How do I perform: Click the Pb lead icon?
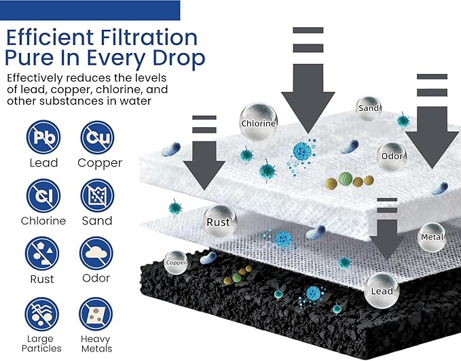click(43, 137)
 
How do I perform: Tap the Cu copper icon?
click(97, 137)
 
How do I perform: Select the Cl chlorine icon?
click(43, 195)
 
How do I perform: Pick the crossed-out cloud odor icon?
click(96, 254)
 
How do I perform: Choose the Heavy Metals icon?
click(96, 314)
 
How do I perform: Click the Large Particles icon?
click(41, 314)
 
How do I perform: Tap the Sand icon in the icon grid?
click(97, 195)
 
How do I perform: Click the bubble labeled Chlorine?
click(259, 122)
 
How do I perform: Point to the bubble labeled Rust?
click(219, 222)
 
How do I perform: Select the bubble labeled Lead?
click(382, 290)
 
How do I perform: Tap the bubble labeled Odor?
click(392, 156)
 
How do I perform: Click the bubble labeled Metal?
click(432, 237)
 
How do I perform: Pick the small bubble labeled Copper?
click(176, 262)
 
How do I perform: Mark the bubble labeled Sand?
click(369, 108)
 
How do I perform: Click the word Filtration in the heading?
click(149, 37)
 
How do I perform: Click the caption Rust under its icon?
click(42, 279)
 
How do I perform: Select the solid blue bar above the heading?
click(90, 10)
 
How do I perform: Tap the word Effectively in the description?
click(35, 78)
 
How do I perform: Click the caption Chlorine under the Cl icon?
click(43, 220)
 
